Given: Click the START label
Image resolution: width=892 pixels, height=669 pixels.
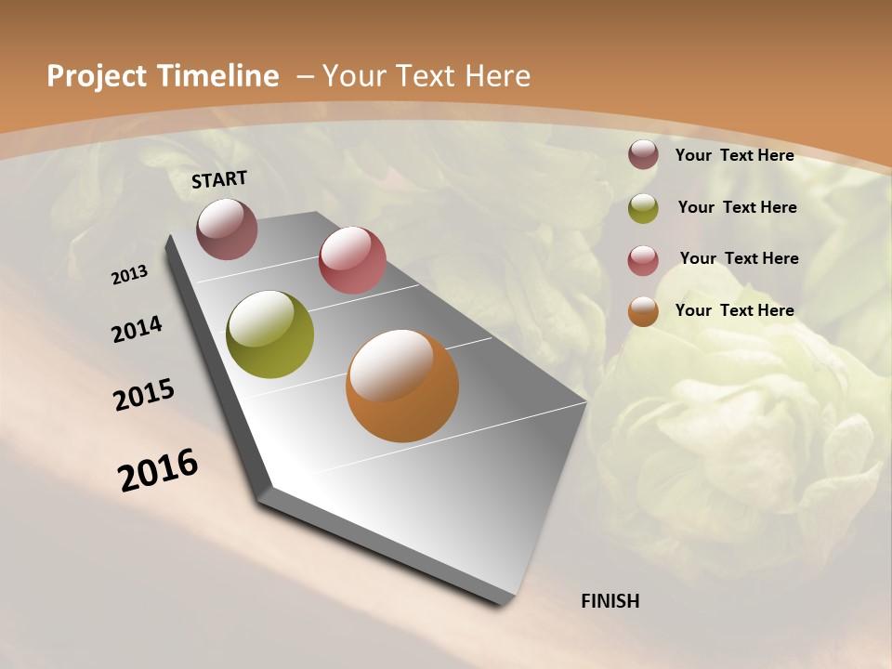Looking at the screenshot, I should (219, 179).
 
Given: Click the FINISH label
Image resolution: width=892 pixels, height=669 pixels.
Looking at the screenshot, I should (610, 601).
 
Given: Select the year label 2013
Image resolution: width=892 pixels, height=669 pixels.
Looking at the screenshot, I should (130, 275).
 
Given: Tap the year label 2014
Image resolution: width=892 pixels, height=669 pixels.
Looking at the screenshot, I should (138, 329).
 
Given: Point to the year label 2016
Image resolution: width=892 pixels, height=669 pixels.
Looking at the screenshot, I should (158, 470).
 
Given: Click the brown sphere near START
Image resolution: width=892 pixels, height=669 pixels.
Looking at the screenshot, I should (227, 229).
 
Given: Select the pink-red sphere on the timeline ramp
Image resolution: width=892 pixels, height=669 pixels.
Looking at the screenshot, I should (352, 259).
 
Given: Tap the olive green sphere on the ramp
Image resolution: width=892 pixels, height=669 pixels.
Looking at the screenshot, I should (269, 334).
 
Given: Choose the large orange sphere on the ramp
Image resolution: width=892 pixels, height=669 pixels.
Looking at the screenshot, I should (402, 385).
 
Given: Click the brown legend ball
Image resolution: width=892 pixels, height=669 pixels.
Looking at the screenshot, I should (643, 154).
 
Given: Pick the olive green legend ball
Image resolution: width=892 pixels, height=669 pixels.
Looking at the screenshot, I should (643, 208).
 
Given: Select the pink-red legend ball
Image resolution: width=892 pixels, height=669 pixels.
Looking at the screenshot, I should (643, 260).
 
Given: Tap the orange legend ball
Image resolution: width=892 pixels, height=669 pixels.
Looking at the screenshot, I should (643, 311).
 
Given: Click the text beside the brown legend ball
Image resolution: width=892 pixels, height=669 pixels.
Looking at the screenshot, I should (734, 155).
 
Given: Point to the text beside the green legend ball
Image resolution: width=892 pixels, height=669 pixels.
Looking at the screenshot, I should (737, 207).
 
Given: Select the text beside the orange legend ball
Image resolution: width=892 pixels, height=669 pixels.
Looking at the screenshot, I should (734, 310).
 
